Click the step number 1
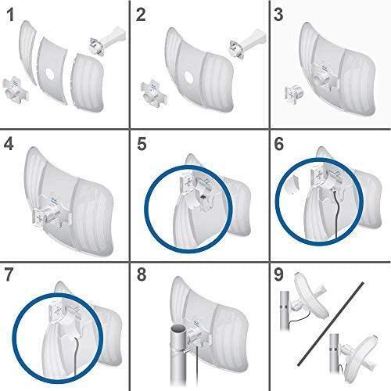coord(10,15)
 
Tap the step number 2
coord(141,15)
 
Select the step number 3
coord(278,15)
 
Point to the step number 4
coord(9,144)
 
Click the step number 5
coord(142,144)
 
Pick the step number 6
coord(279,144)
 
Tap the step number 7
coord(9,274)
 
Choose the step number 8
coord(142,274)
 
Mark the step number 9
coord(278,274)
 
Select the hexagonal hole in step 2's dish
coord(189,77)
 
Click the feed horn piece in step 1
coord(107,42)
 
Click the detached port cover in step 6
coord(292,185)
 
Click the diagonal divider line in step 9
coord(331,324)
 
